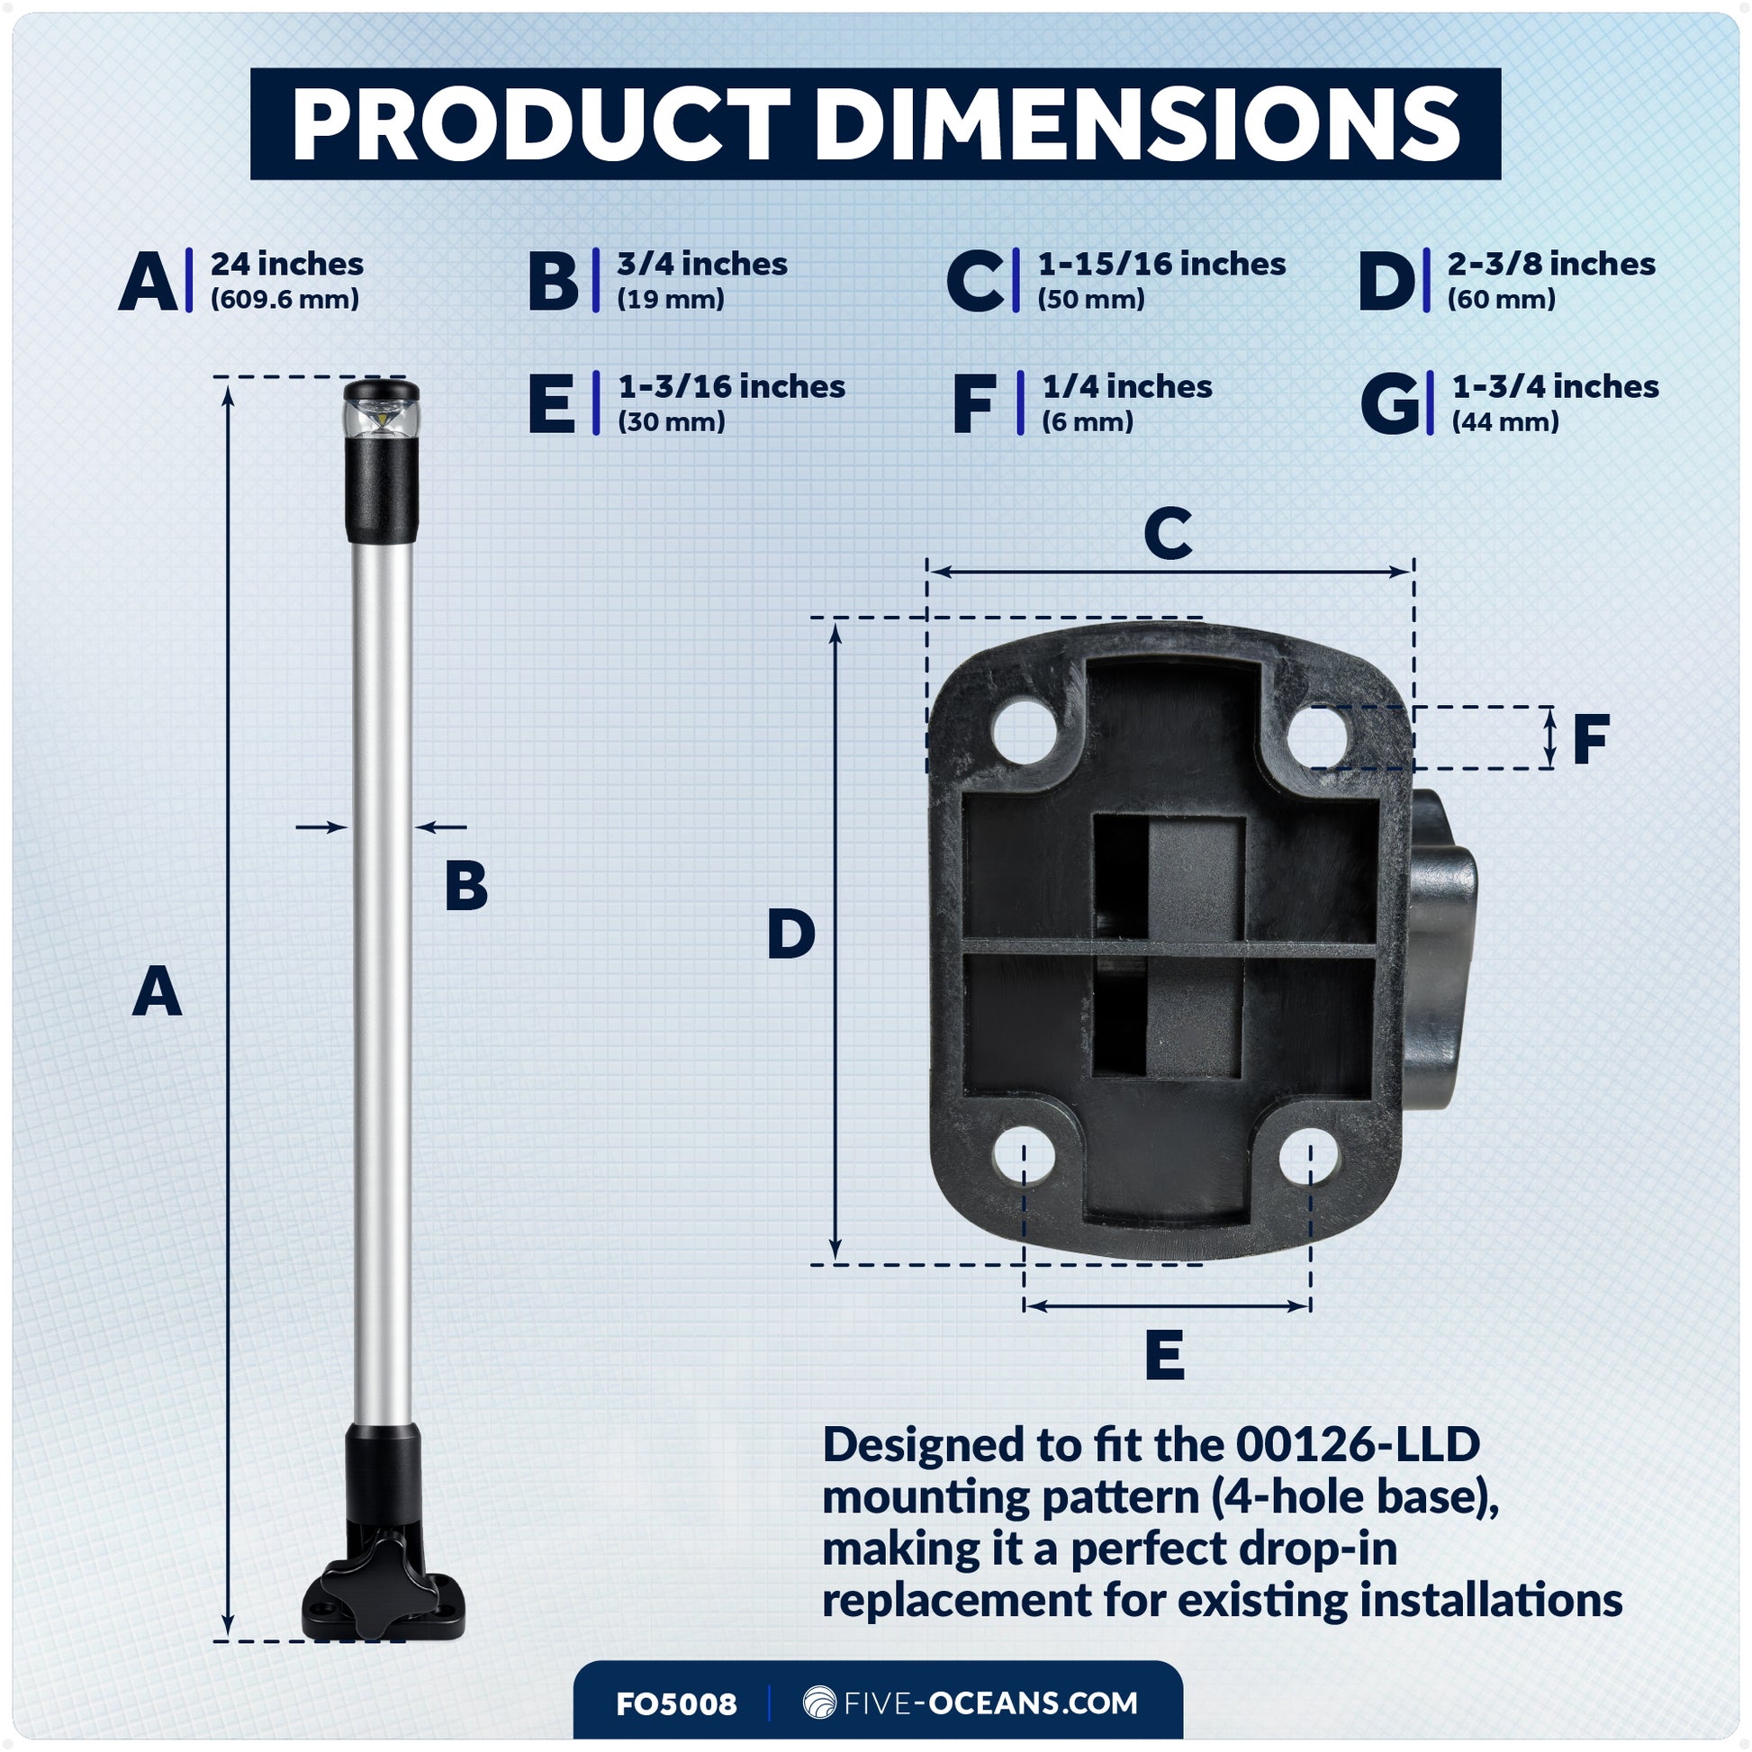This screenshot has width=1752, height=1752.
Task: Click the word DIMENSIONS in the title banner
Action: click(1138, 125)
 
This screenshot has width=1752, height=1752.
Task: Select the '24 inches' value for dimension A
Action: click(286, 264)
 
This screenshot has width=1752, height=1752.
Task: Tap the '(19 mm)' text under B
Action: click(670, 299)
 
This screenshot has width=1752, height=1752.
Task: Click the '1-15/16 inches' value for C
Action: click(1160, 264)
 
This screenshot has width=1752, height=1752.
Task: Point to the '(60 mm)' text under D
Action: click(1501, 299)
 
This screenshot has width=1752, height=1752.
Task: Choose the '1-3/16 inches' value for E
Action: click(731, 386)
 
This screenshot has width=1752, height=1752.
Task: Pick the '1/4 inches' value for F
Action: click(1126, 387)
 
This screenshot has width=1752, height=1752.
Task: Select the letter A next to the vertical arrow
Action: click(157, 992)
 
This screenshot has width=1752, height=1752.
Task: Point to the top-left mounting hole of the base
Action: click(1024, 730)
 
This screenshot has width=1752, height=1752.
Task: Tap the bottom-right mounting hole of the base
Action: click(1309, 1157)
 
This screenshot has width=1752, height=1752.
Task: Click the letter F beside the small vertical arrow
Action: click(1591, 739)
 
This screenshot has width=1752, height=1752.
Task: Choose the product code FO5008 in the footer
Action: click(675, 1703)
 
